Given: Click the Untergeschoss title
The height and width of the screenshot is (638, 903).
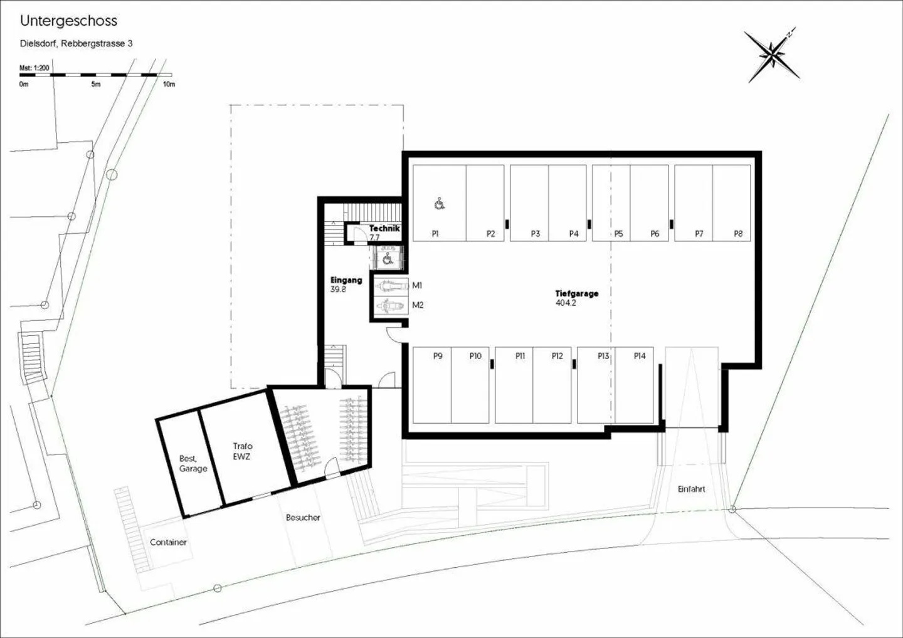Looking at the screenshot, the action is [68, 21].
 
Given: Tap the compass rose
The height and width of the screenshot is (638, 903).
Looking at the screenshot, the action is [771, 56].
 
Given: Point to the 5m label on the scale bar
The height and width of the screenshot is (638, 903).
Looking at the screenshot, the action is [96, 84].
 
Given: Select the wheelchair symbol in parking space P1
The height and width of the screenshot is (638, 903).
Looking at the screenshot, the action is [440, 204].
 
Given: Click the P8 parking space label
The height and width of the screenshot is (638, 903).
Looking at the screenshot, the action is [738, 234].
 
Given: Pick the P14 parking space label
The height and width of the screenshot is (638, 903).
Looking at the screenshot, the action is [640, 356].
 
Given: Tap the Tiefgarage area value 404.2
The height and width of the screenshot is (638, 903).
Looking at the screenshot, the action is [566, 303].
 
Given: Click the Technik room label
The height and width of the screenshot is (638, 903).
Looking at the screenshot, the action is [384, 228].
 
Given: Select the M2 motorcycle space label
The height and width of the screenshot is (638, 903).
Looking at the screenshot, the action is [418, 305].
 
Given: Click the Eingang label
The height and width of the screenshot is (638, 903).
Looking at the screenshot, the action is [346, 280].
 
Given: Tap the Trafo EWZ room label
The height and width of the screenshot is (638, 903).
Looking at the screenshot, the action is [242, 451].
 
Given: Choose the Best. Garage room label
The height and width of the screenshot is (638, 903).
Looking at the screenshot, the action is [193, 464].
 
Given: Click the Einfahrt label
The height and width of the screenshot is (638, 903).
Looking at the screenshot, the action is [691, 489].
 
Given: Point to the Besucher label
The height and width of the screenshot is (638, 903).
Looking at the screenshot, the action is [303, 518].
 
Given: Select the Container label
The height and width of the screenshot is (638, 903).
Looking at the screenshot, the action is [168, 542].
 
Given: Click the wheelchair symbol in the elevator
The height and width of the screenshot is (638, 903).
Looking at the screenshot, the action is [387, 259].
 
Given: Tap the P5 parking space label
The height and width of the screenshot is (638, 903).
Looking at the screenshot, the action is [618, 234].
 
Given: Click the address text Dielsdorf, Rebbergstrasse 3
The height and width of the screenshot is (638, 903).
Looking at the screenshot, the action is [77, 43].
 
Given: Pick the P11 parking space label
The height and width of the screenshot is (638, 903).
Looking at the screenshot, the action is [520, 356].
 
